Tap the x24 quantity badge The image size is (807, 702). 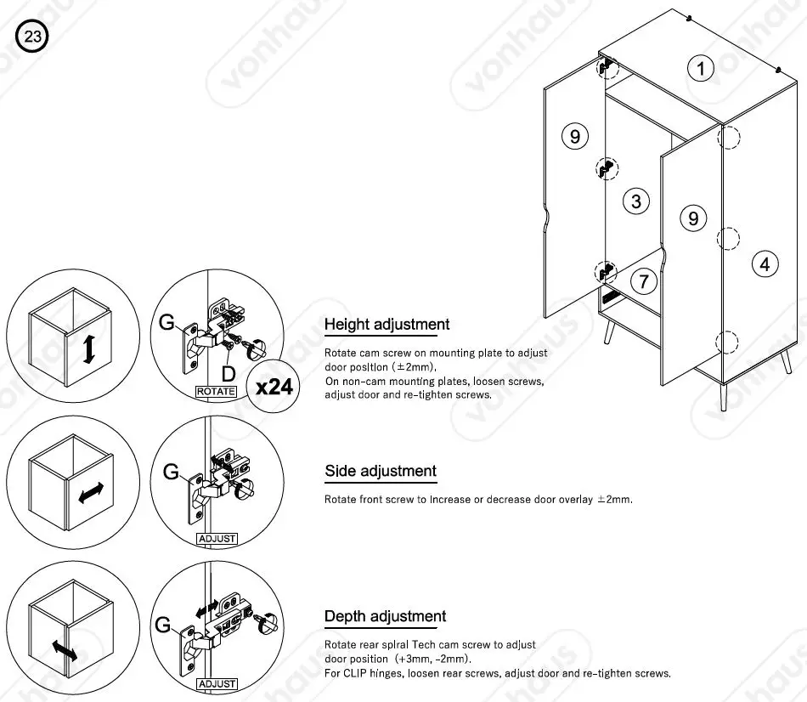pyautogui.click(x=274, y=387)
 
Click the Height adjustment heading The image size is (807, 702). pyautogui.click(x=387, y=324)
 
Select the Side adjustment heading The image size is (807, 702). pyautogui.click(x=380, y=471)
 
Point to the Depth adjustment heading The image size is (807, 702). pyautogui.click(x=385, y=616)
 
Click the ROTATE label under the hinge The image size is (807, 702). pyautogui.click(x=216, y=392)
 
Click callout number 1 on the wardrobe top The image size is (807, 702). pyautogui.click(x=700, y=69)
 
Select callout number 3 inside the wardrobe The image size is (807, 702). pyautogui.click(x=635, y=201)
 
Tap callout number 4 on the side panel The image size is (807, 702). pyautogui.click(x=765, y=264)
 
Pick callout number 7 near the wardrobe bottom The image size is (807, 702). pyautogui.click(x=643, y=280)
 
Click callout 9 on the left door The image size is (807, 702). pyautogui.click(x=575, y=136)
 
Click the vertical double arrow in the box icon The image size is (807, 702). pyautogui.click(x=87, y=348)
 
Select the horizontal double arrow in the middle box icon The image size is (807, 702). pyautogui.click(x=91, y=493)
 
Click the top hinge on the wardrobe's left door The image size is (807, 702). pyautogui.click(x=607, y=65)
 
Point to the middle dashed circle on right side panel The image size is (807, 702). pyautogui.click(x=728, y=238)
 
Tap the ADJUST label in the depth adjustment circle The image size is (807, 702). pyautogui.click(x=216, y=683)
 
